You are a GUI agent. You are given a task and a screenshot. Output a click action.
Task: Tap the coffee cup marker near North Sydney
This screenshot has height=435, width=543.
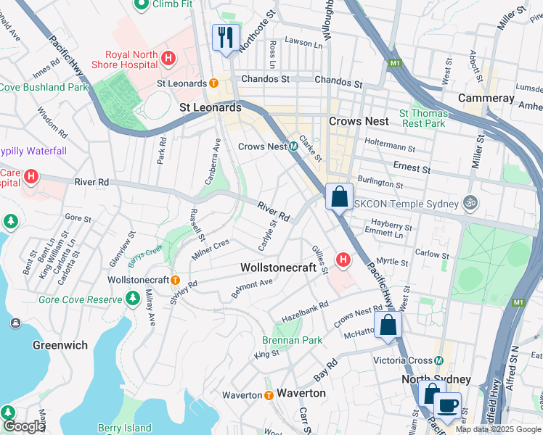point(447,405)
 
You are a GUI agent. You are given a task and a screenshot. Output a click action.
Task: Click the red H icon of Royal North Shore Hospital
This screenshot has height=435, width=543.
point(168,57)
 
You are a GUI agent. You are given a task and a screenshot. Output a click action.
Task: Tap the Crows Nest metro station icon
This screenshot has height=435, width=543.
point(294,146)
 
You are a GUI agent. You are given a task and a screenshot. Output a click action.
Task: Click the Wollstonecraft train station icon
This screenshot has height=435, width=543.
point(175,280)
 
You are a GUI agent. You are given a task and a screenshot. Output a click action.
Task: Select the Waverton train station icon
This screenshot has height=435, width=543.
point(269,395)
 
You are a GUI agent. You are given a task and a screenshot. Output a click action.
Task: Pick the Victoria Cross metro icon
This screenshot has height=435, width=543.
point(438,360)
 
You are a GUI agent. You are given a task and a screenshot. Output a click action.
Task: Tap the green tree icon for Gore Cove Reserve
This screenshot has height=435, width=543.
point(132,298)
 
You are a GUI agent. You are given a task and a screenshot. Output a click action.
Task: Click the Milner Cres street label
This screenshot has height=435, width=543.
point(210,249)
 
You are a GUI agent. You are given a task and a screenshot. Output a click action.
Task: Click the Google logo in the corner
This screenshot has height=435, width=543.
point(23,426)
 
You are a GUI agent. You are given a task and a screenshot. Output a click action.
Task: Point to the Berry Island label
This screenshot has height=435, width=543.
point(124,428)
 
